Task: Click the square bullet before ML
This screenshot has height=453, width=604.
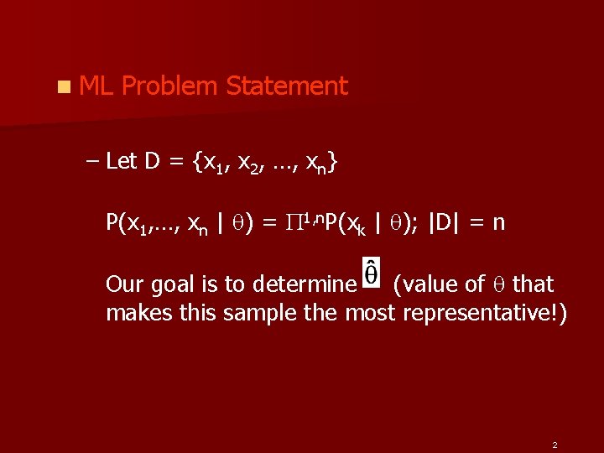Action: pyautogui.click(x=64, y=86)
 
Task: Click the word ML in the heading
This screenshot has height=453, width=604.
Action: pyautogui.click(x=96, y=86)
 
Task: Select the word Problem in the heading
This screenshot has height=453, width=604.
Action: pyautogui.click(x=170, y=86)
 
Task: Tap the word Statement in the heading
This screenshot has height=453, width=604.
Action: pyautogui.click(x=287, y=86)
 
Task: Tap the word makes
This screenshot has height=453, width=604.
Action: pyautogui.click(x=134, y=313)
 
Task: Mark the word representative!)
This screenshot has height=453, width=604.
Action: pyautogui.click(x=485, y=314)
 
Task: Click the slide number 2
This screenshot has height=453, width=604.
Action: pyautogui.click(x=555, y=443)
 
